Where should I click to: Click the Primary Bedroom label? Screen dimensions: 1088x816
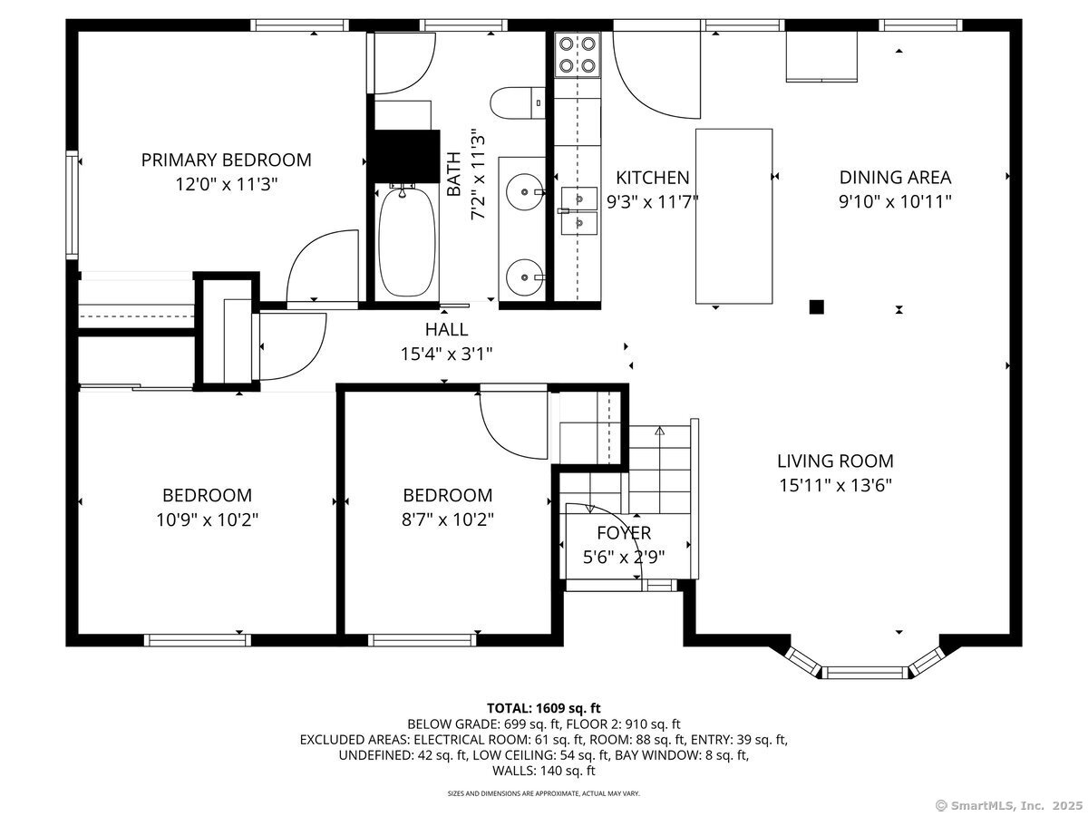[x=226, y=160]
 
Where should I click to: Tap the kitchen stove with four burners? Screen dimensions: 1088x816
[x=577, y=54]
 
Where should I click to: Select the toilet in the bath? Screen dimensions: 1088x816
[x=518, y=102]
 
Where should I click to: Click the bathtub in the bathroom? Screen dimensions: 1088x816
[x=407, y=242]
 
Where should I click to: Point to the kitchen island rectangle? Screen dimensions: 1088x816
[x=734, y=216]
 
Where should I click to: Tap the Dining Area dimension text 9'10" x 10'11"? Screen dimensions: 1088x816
[x=895, y=201]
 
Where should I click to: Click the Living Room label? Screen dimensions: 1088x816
[x=835, y=461]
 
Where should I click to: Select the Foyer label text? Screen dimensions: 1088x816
[x=624, y=532]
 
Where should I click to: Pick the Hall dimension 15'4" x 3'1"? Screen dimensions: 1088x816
[x=446, y=354]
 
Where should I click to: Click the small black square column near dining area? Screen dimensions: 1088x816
[x=816, y=307]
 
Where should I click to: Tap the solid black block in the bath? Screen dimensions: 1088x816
[x=404, y=156]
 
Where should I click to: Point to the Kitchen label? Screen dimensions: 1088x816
[x=652, y=178]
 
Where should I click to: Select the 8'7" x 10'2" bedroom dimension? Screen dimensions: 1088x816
[x=447, y=520]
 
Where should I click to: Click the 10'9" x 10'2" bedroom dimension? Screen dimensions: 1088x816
[x=208, y=520]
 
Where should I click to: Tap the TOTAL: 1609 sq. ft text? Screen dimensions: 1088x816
[x=544, y=708]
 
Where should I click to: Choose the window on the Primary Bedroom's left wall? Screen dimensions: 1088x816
[x=73, y=205]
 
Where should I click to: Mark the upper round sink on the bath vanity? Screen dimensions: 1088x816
[x=524, y=191]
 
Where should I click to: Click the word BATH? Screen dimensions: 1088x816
[x=454, y=173]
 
